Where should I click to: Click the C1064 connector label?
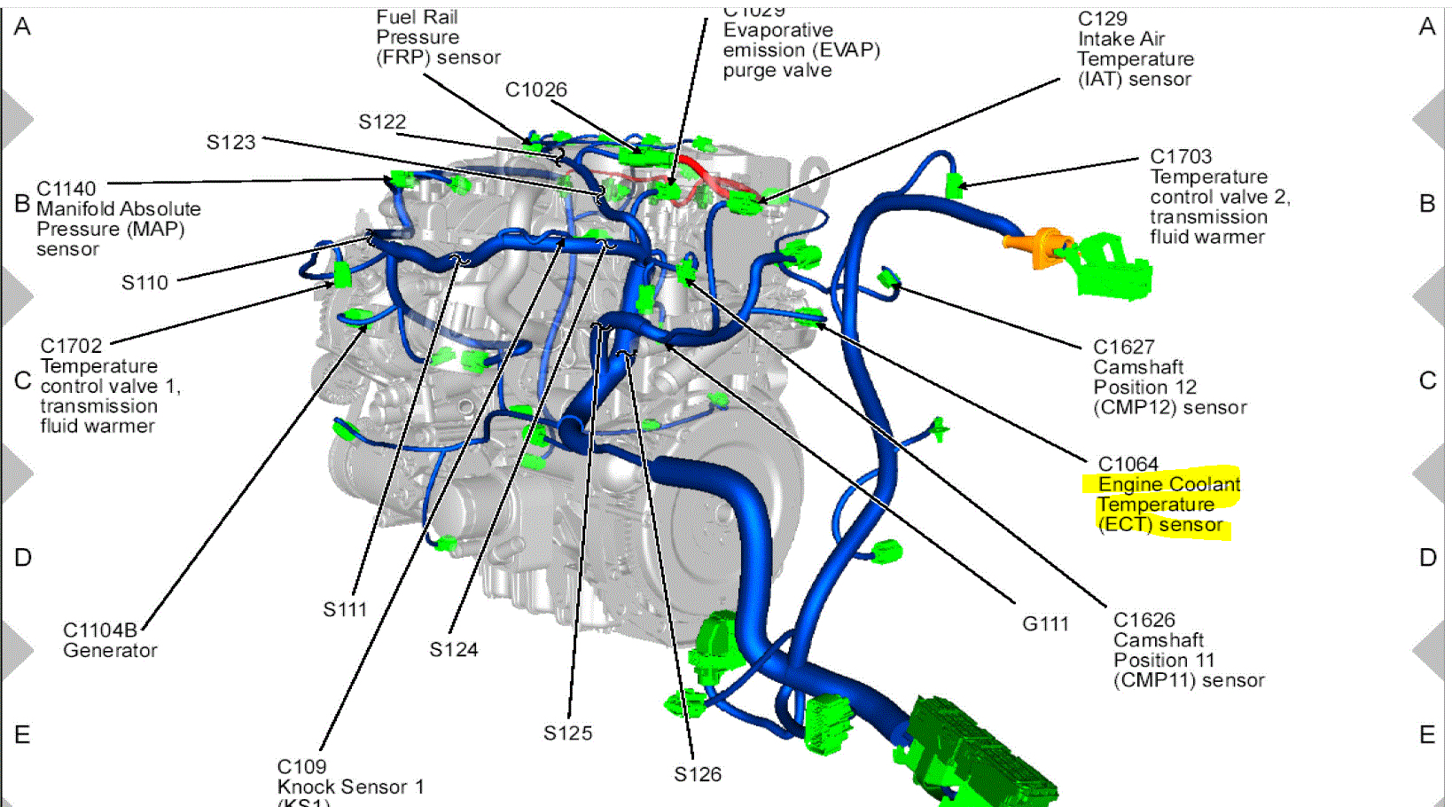tap(1128, 464)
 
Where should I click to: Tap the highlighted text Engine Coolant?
tap(1168, 484)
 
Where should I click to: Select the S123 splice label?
tap(230, 142)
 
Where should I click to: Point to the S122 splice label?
tap(382, 121)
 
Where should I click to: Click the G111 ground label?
tap(1045, 623)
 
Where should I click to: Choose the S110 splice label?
tap(144, 283)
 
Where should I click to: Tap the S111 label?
tap(345, 609)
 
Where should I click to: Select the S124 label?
tap(453, 650)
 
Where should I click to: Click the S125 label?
tap(567, 733)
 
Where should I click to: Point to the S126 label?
tap(698, 774)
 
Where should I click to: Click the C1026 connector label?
tap(535, 90)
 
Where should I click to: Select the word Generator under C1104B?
tap(110, 650)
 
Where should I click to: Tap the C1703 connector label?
tap(1181, 156)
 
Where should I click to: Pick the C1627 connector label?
tap(1123, 347)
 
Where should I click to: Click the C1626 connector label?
tap(1144, 620)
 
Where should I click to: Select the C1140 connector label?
tap(66, 189)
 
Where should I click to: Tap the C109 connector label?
tap(301, 766)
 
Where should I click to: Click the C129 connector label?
tap(1102, 19)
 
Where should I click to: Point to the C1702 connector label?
tap(71, 346)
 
